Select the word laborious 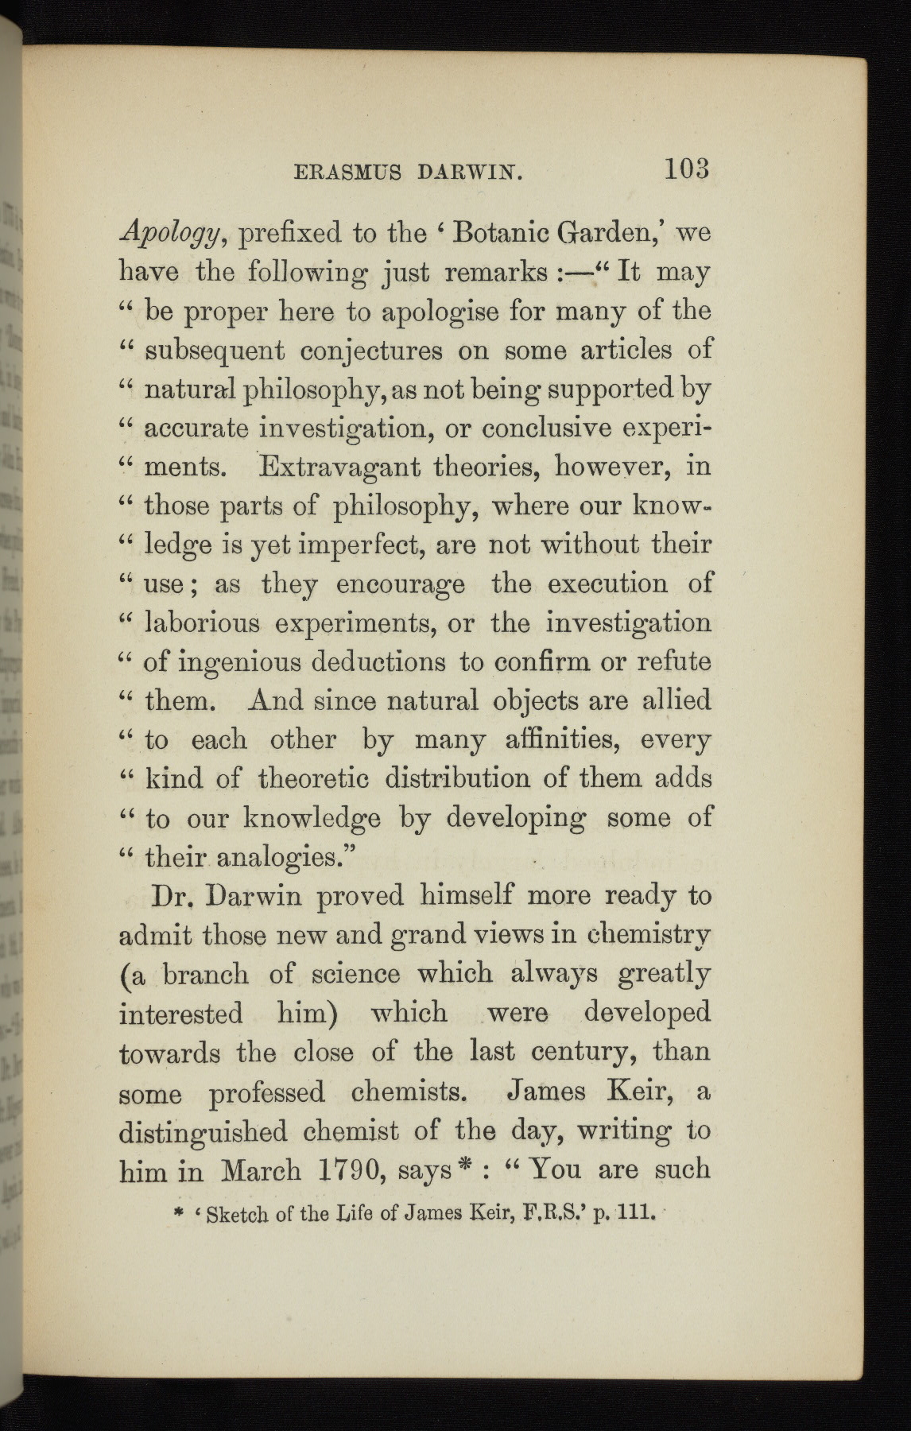(203, 622)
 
